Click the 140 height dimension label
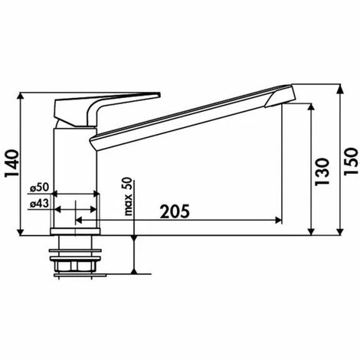(12, 164)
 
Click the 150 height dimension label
(351, 162)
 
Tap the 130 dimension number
(322, 172)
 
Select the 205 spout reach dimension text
(175, 211)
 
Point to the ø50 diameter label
(39, 188)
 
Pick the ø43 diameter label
(39, 204)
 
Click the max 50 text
(128, 196)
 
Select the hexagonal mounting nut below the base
(75, 266)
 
